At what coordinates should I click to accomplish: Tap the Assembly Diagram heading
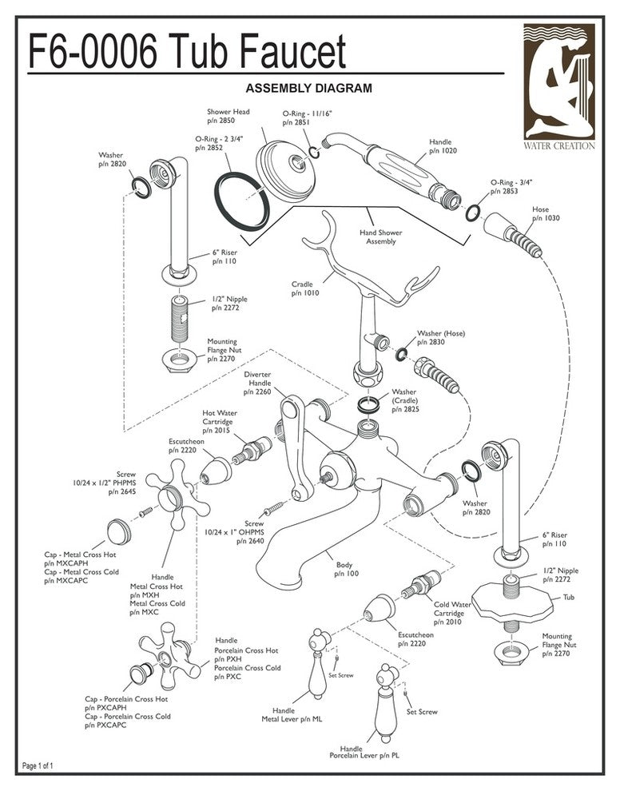tap(308, 88)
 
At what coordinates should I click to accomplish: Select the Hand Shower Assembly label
tap(380, 237)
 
